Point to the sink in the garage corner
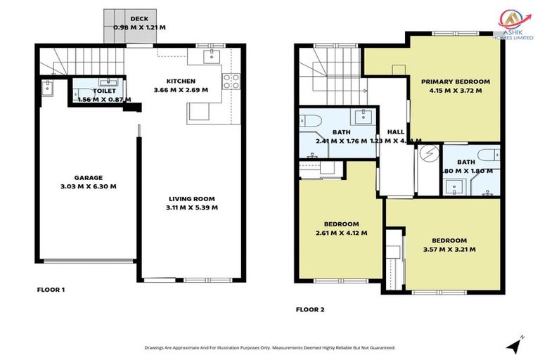tap(47, 88)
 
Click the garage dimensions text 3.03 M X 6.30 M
tap(89, 186)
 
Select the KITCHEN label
tap(180, 81)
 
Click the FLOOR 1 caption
tap(51, 289)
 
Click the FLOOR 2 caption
tap(309, 309)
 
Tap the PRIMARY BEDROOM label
tap(455, 82)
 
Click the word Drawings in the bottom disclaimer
tap(157, 347)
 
